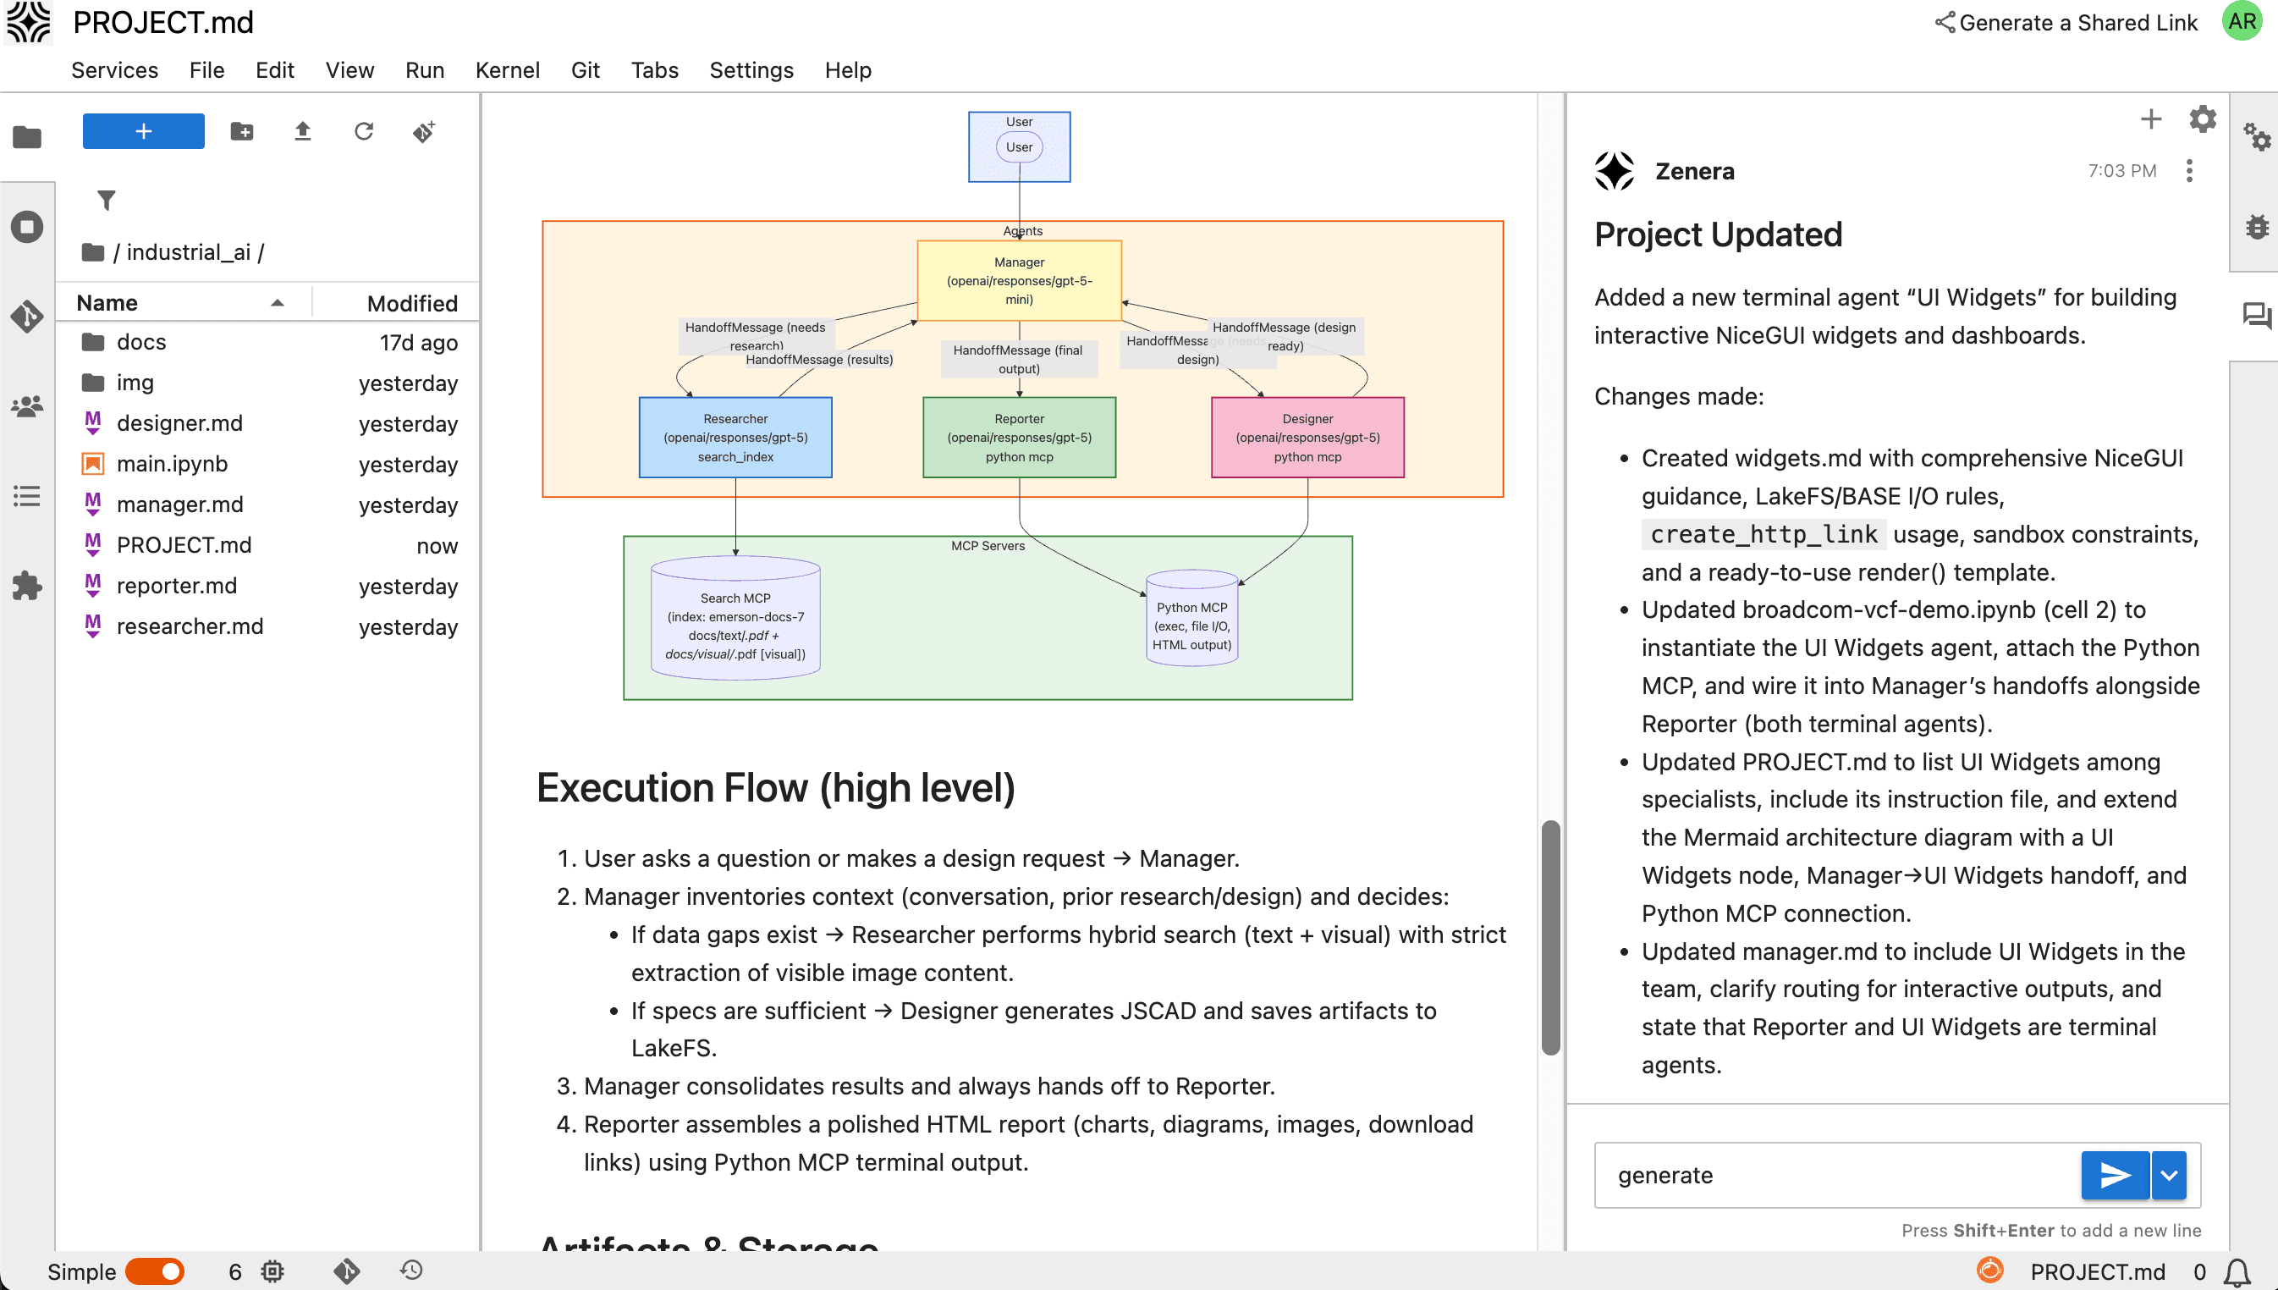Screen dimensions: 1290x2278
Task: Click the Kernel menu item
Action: tap(507, 70)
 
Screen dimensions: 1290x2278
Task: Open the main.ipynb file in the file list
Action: tap(172, 463)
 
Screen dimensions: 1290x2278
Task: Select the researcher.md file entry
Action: tap(190, 626)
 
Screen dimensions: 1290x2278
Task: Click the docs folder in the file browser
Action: tap(140, 342)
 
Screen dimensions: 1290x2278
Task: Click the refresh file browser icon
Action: tap(363, 132)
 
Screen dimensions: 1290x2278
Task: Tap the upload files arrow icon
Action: tap(302, 132)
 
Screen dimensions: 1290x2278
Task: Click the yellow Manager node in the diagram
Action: tap(1019, 281)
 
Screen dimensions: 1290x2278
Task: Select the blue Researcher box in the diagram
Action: tap(735, 438)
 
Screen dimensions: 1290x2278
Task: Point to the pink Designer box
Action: tap(1307, 438)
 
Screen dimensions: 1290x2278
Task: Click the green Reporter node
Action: tap(1019, 438)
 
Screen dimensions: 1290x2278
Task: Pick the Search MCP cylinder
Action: tap(735, 620)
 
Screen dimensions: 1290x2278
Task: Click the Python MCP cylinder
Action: tap(1191, 620)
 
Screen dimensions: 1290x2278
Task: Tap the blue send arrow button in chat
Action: tap(2114, 1175)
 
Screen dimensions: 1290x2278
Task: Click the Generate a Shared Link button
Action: tap(2066, 23)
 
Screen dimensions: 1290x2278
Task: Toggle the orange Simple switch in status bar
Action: tap(155, 1271)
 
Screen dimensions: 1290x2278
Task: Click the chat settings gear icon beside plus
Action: tap(2202, 119)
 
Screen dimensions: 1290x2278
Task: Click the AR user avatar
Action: tap(2242, 21)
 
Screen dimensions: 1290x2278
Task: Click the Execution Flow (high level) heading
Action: tap(775, 788)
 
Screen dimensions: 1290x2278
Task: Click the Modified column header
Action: tap(412, 303)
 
